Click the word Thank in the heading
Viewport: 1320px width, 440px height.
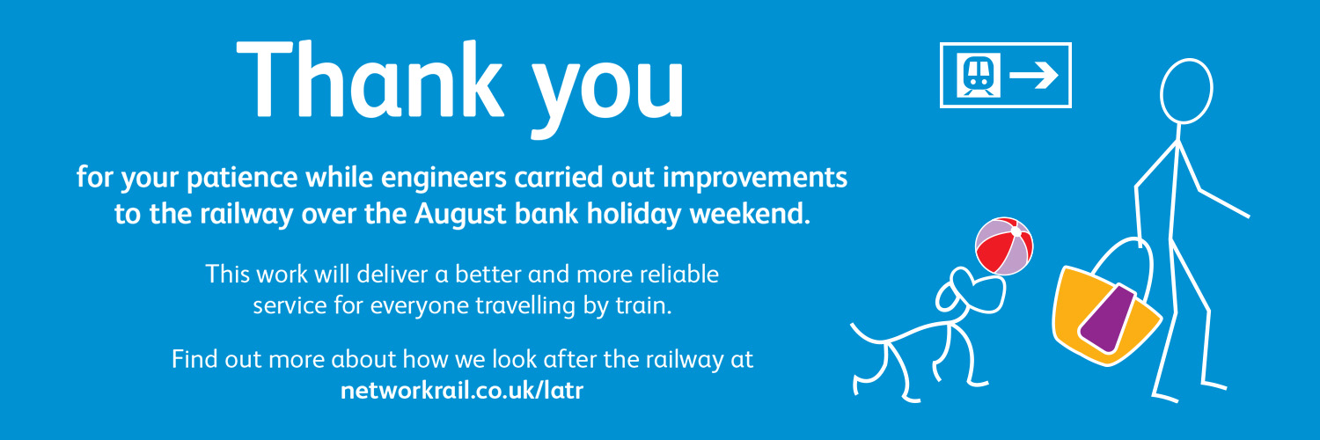click(370, 79)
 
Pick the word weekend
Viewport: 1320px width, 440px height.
click(750, 213)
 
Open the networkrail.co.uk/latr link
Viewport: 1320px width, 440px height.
click(462, 391)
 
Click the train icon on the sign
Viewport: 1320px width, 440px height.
click(979, 76)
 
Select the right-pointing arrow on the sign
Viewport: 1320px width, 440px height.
click(1034, 76)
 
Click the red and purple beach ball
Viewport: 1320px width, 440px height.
click(1004, 246)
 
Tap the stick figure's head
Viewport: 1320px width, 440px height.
click(1186, 92)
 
